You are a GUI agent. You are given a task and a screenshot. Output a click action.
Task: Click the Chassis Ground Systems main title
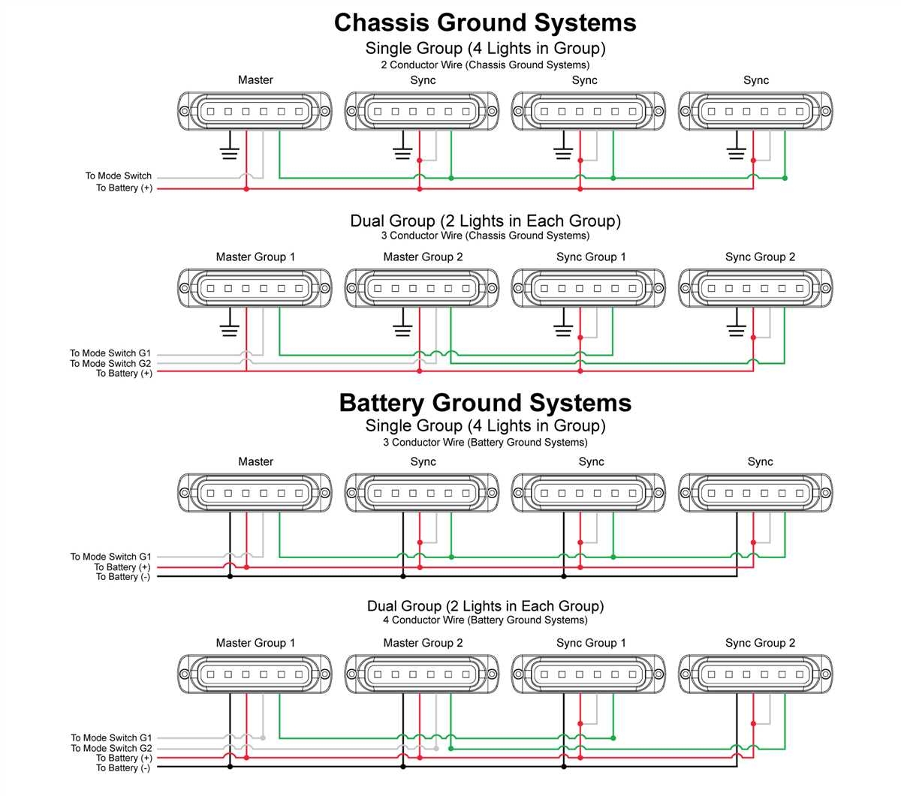click(485, 23)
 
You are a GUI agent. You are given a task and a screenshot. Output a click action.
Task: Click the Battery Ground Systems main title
click(485, 403)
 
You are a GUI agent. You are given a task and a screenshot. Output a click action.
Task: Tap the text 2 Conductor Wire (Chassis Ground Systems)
click(485, 65)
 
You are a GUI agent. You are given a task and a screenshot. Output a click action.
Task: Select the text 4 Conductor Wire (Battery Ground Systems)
click(485, 620)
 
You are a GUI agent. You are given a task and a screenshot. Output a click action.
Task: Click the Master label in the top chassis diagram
click(255, 80)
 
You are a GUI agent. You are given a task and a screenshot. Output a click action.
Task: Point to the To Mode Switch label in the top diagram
click(118, 176)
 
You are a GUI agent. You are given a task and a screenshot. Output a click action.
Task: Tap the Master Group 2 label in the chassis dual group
click(423, 257)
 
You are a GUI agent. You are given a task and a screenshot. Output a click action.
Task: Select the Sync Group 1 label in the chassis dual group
click(591, 257)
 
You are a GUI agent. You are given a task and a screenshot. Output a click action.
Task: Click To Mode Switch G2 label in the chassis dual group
click(110, 363)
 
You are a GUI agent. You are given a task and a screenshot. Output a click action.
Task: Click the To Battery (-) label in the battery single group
click(122, 577)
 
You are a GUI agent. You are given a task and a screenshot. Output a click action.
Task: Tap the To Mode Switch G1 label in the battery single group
click(110, 557)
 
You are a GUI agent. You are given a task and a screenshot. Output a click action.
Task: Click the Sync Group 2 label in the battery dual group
click(760, 643)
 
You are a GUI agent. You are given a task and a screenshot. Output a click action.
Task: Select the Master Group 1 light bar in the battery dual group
click(255, 674)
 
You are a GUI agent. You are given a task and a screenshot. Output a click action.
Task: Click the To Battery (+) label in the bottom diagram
click(123, 758)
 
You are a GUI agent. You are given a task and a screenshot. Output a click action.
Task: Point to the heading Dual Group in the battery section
click(485, 605)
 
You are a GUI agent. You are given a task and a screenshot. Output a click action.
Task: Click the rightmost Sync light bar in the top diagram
click(755, 112)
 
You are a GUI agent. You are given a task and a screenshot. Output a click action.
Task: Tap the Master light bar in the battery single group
click(255, 493)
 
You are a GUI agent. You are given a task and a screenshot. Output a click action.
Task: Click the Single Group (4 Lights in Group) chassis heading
click(485, 48)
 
